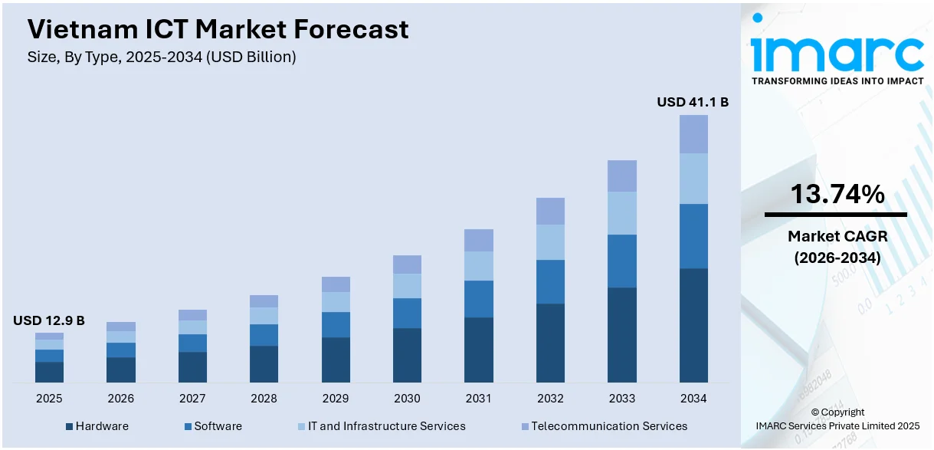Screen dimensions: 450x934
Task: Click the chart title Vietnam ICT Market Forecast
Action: click(218, 30)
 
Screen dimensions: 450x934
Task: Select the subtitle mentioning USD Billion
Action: click(162, 57)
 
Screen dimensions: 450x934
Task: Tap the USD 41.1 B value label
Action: click(693, 102)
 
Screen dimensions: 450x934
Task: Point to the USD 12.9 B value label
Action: click(49, 320)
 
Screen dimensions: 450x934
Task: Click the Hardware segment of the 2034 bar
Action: click(693, 325)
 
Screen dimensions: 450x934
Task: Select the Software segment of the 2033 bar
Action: click(621, 261)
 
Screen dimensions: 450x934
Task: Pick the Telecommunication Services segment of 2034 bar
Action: click(693, 134)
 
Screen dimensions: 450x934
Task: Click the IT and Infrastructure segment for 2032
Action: click(550, 242)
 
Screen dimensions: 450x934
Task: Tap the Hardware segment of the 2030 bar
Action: click(407, 355)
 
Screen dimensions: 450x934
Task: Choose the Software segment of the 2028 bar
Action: click(264, 335)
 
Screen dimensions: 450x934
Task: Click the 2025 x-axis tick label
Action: click(49, 399)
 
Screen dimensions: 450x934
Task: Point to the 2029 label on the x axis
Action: click(336, 399)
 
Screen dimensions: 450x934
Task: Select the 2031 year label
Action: click(479, 399)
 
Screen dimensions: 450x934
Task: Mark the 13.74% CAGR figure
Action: click(837, 195)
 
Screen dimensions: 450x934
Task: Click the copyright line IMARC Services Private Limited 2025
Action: click(837, 425)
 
